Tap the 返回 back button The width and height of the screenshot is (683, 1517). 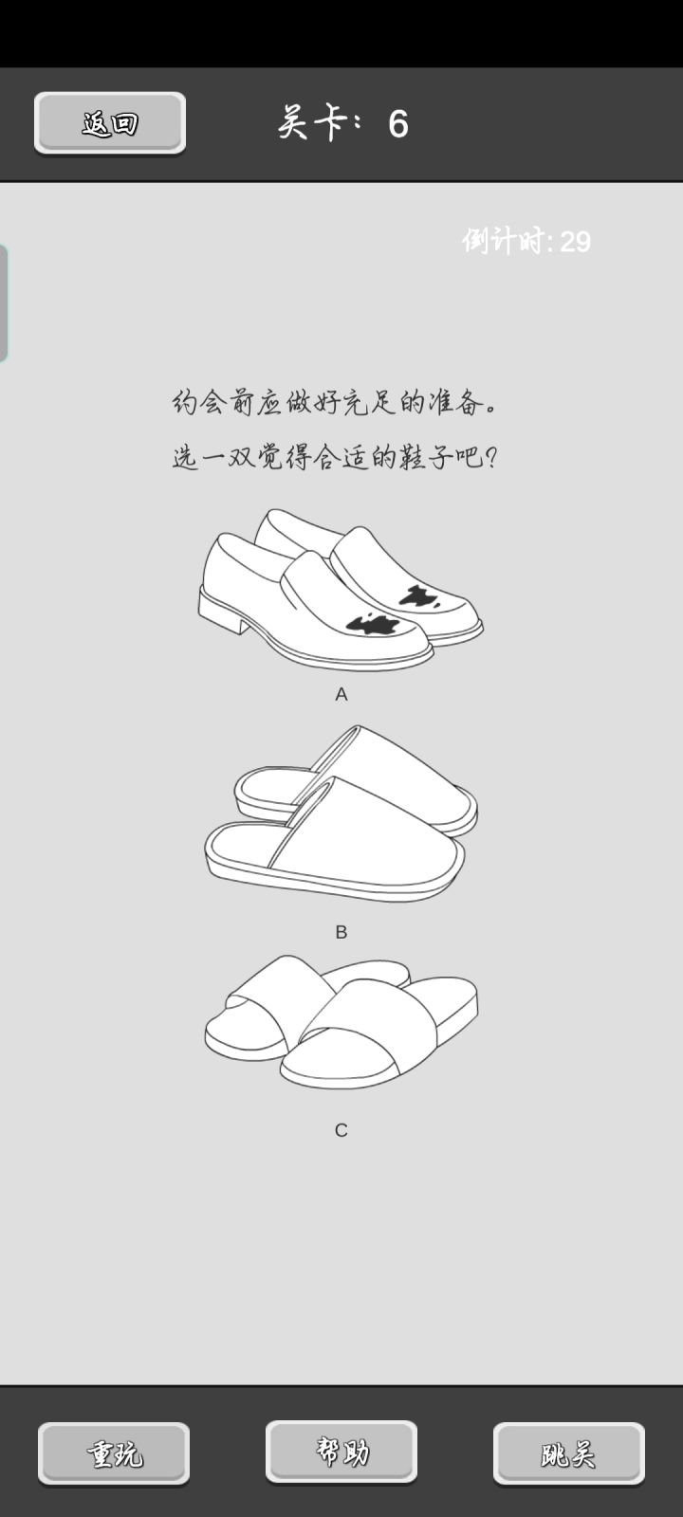[x=110, y=122]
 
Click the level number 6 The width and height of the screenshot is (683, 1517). [x=398, y=124]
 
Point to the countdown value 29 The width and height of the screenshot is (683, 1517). [x=575, y=242]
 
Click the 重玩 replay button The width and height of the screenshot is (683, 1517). [x=114, y=1453]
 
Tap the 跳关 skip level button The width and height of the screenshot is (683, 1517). [x=568, y=1453]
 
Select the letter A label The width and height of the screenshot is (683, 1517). [x=341, y=694]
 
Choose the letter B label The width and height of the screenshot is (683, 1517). [x=341, y=932]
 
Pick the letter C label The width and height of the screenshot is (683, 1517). [x=341, y=1129]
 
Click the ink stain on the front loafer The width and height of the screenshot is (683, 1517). [x=374, y=623]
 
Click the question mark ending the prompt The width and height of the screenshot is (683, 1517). [x=492, y=459]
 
